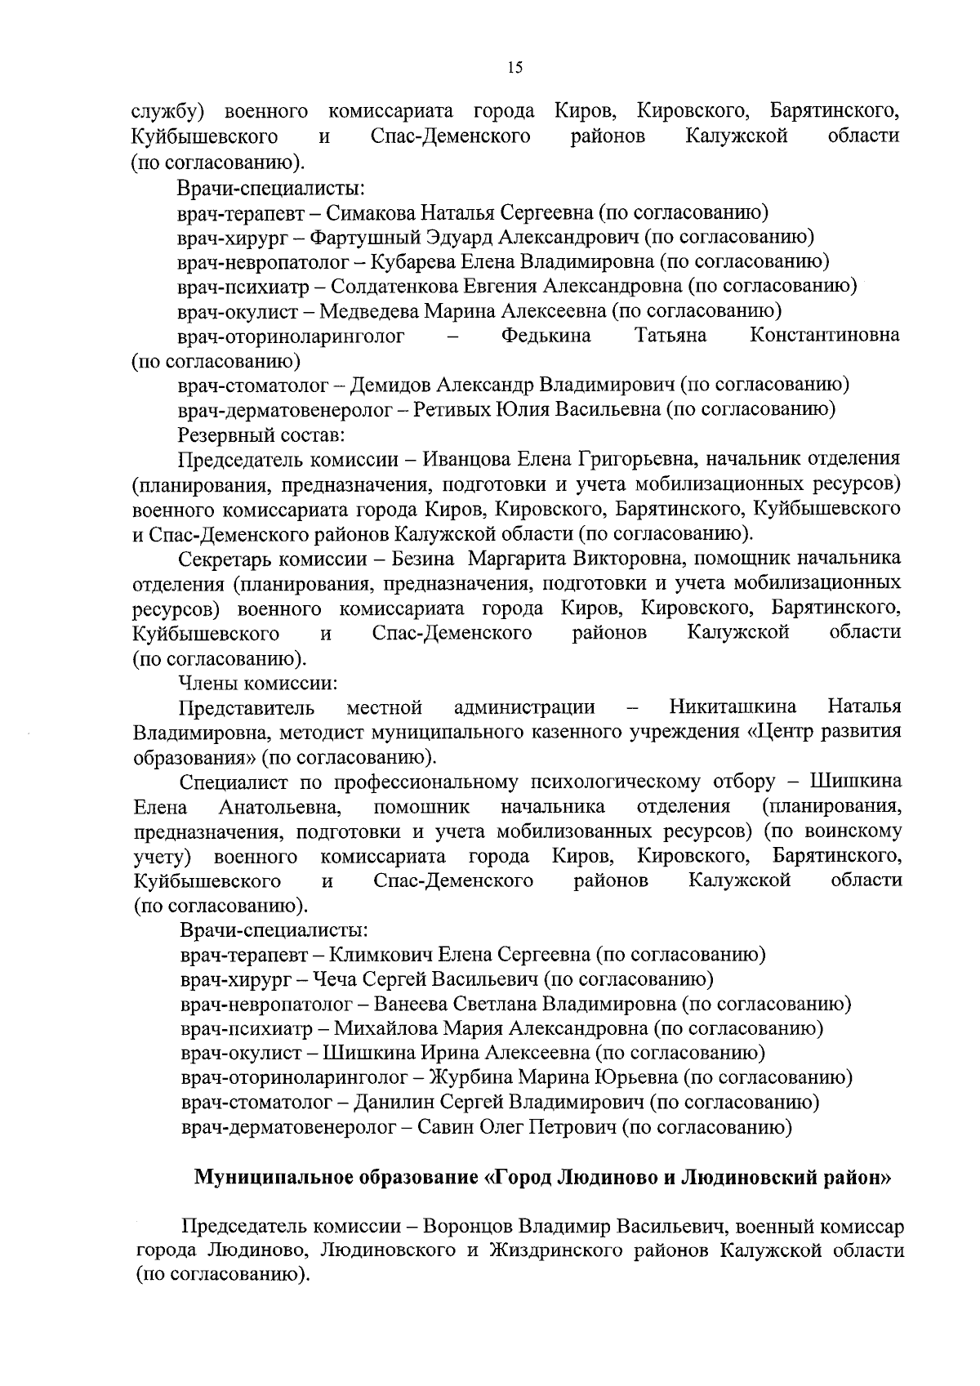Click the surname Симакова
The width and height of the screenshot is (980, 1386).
coord(372,213)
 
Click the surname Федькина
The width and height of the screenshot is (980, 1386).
coord(546,336)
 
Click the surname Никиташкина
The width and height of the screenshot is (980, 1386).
coord(733,706)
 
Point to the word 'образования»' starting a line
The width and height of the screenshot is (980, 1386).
coord(194,756)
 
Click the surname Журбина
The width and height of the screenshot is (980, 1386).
coord(471,1078)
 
